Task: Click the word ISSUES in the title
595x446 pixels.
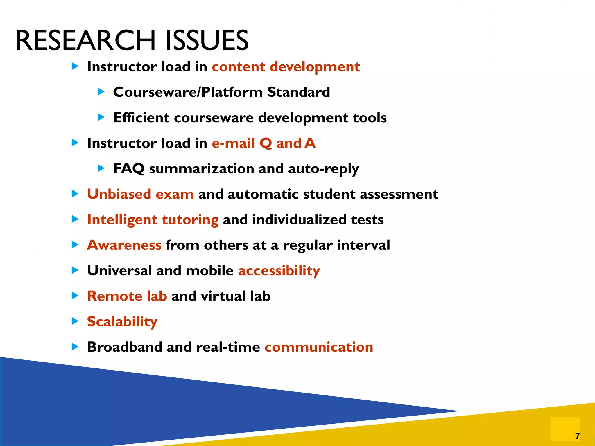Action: pyautogui.click(x=207, y=41)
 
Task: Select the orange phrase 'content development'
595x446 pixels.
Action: pyautogui.click(x=286, y=67)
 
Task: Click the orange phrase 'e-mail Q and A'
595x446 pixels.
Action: pyautogui.click(x=264, y=143)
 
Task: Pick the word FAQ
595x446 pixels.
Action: pyautogui.click(x=129, y=168)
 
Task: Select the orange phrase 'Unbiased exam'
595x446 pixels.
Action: pyautogui.click(x=140, y=194)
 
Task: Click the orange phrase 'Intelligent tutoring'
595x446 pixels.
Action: pyautogui.click(x=153, y=220)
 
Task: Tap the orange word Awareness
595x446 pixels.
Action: pyautogui.click(x=124, y=245)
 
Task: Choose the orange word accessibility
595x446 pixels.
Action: pyautogui.click(x=279, y=271)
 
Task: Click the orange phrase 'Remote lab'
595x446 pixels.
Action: pyautogui.click(x=127, y=296)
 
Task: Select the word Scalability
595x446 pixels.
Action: pyautogui.click(x=122, y=322)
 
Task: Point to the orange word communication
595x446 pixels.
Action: pyautogui.click(x=319, y=347)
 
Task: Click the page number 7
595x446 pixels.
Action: pyautogui.click(x=577, y=436)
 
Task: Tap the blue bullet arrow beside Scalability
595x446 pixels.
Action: pyautogui.click(x=75, y=321)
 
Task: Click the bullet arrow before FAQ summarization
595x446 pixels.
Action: pyautogui.click(x=101, y=168)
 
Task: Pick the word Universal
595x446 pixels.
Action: pyautogui.click(x=119, y=271)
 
